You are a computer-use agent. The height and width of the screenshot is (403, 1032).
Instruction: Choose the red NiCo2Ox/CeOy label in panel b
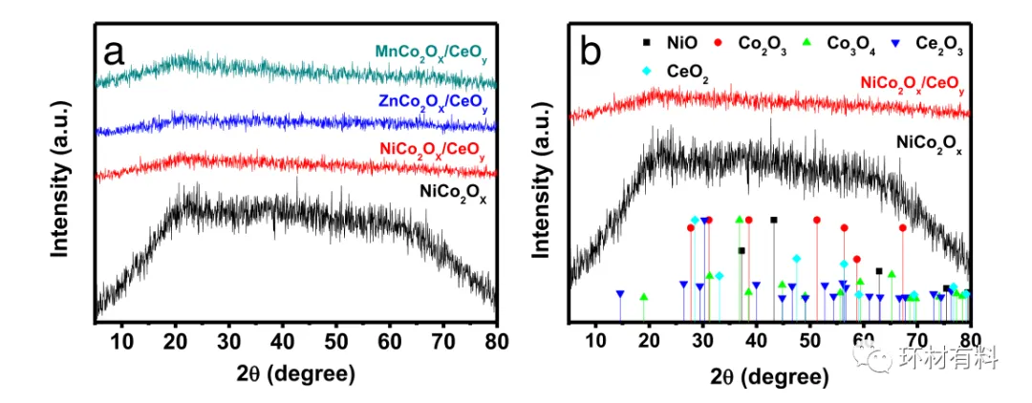point(912,86)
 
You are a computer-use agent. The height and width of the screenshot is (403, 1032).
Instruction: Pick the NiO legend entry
point(669,42)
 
